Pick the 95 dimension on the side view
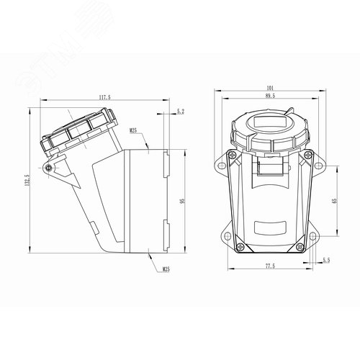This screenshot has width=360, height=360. (x=184, y=202)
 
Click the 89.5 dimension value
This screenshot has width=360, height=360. (x=270, y=96)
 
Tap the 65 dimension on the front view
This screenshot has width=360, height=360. (x=334, y=202)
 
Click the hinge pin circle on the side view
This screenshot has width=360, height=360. (x=48, y=168)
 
